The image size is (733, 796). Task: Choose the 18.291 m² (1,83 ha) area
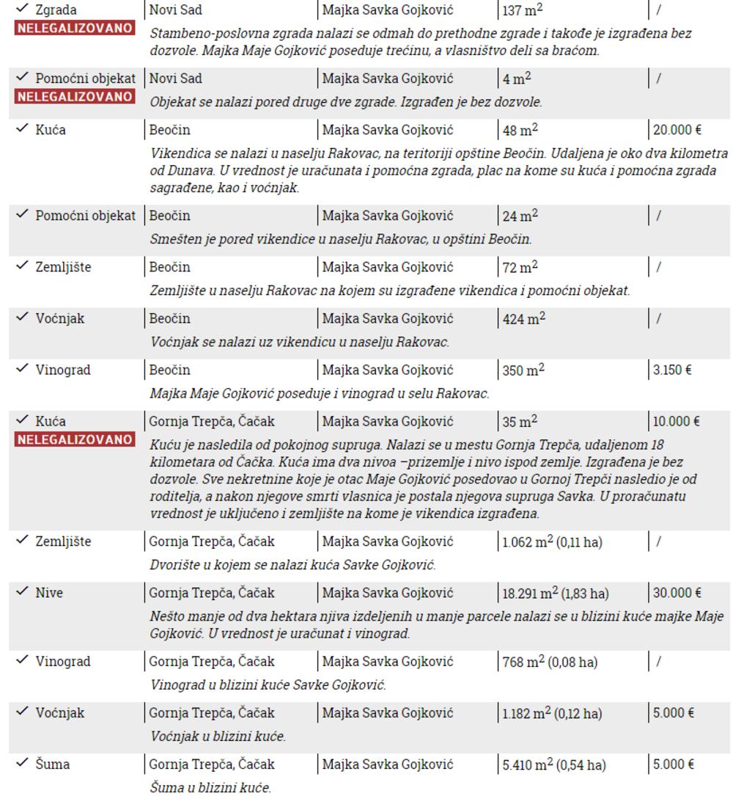click(556, 593)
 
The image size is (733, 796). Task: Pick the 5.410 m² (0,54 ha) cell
click(553, 765)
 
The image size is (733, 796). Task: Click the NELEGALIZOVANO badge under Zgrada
click(67, 29)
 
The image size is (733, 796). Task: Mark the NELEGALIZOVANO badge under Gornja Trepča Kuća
click(67, 440)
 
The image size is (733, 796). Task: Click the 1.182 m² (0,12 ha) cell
click(552, 714)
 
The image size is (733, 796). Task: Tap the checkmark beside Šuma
click(23, 764)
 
